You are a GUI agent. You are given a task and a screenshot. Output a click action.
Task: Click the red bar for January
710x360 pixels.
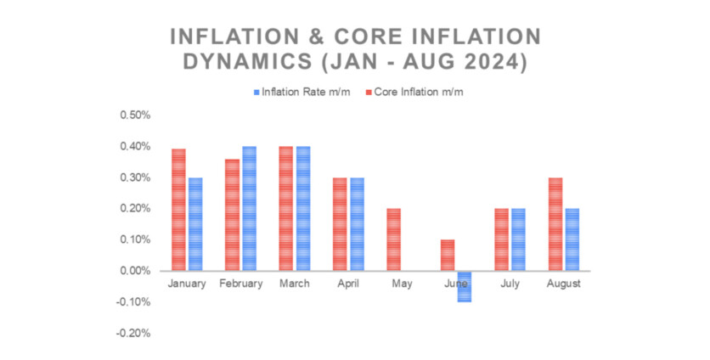(178, 210)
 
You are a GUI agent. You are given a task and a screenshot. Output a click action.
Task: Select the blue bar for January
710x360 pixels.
(195, 224)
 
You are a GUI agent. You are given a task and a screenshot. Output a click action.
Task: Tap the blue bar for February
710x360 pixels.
(249, 208)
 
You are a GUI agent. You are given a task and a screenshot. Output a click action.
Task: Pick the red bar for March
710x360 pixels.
(285, 208)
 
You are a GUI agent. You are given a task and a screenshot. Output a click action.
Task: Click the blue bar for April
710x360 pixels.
(357, 224)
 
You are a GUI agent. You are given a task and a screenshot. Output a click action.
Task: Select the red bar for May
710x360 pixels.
(393, 239)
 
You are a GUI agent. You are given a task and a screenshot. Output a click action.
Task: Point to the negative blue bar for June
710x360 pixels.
(464, 286)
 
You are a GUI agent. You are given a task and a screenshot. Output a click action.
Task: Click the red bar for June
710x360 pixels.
(447, 255)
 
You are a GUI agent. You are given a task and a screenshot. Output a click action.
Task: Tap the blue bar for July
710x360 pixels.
(517, 239)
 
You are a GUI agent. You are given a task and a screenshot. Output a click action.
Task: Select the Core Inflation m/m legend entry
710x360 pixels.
(414, 92)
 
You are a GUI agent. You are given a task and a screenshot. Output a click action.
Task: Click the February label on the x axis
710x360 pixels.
(240, 284)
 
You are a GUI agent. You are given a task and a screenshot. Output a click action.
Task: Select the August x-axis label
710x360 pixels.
(562, 284)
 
